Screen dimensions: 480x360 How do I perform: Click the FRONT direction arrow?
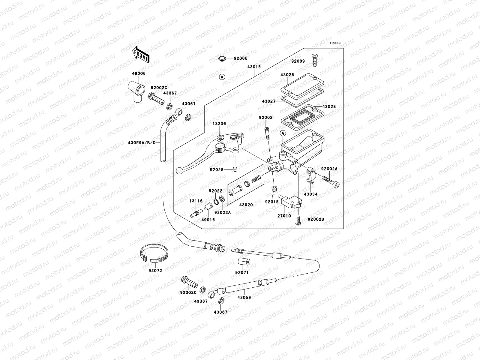tap(141, 55)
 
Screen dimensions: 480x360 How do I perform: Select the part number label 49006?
tap(139, 73)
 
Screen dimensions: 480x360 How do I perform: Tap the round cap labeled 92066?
tap(222, 58)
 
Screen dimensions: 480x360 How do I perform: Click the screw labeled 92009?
tap(315, 60)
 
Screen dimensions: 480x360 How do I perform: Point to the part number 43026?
tap(287, 75)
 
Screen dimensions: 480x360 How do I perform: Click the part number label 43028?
tap(329, 107)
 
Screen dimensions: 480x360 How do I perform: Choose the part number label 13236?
tap(219, 124)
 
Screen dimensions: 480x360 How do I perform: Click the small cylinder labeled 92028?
tap(235, 169)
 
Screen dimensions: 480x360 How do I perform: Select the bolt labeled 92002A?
tap(330, 181)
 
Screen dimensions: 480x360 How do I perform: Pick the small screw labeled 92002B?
tap(298, 220)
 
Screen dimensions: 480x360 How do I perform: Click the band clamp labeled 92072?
tap(154, 253)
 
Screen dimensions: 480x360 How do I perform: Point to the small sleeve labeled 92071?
tap(244, 261)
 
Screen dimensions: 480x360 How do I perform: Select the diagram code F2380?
tap(335, 43)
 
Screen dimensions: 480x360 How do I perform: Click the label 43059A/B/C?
tap(142, 143)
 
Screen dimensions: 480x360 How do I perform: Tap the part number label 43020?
tap(246, 205)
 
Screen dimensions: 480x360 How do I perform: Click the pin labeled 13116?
tap(196, 213)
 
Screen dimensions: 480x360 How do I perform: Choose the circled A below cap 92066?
tap(222, 77)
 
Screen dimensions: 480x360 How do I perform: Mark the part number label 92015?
tap(272, 202)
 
